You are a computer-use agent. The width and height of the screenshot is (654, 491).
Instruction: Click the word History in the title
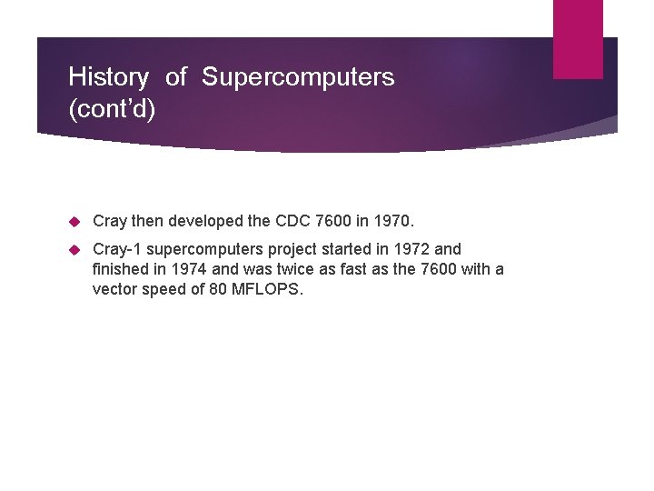pos(108,77)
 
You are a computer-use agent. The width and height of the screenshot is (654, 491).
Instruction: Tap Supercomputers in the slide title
pos(298,77)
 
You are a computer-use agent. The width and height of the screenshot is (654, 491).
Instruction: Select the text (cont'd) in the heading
pos(112,109)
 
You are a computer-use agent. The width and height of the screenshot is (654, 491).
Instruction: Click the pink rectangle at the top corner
pos(578,38)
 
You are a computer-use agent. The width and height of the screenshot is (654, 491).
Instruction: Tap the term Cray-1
pos(115,249)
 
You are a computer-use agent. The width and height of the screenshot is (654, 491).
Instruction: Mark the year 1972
pos(408,249)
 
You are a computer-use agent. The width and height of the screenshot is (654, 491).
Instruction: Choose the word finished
pos(122,269)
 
